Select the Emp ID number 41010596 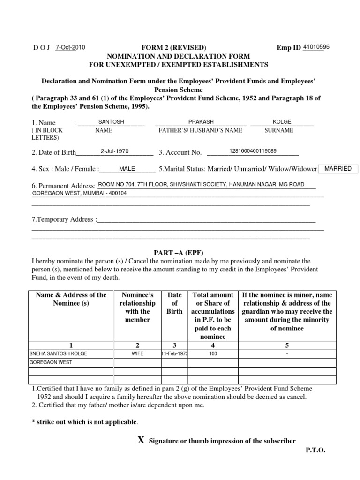coord(316,47)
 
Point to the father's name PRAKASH coord(201,122)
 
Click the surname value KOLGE coord(282,122)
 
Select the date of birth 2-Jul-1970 coord(114,151)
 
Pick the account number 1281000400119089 coord(253,151)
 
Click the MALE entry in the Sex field coord(127,169)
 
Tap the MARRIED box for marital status coord(337,169)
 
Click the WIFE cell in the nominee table coord(138,353)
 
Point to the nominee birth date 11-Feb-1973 coord(174,353)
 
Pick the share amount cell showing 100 coord(213,353)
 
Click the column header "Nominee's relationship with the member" coord(138,307)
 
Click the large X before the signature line coord(140,440)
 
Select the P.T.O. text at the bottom coord(315,450)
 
